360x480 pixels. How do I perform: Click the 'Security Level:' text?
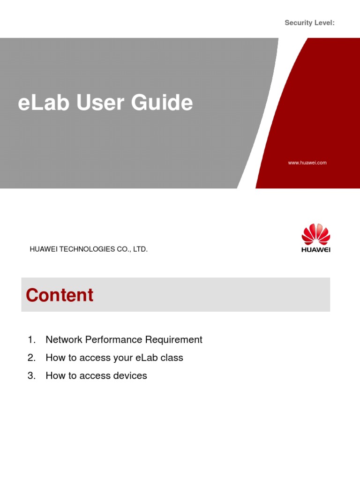pos(309,23)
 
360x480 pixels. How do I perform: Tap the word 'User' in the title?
pos(99,103)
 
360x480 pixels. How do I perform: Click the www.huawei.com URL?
pos(307,163)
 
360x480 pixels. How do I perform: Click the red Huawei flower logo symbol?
pos(315,234)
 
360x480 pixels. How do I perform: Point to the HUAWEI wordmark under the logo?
pos(315,250)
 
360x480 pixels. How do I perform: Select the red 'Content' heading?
pos(60,295)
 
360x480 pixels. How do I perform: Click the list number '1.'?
pos(31,340)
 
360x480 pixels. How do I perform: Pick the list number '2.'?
pos(31,358)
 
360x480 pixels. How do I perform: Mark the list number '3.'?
pos(31,376)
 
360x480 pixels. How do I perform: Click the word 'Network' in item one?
pos(63,340)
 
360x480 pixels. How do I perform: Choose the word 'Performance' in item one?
pos(111,340)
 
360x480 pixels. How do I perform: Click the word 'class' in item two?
pos(172,358)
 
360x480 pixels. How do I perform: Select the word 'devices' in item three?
pos(131,376)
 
